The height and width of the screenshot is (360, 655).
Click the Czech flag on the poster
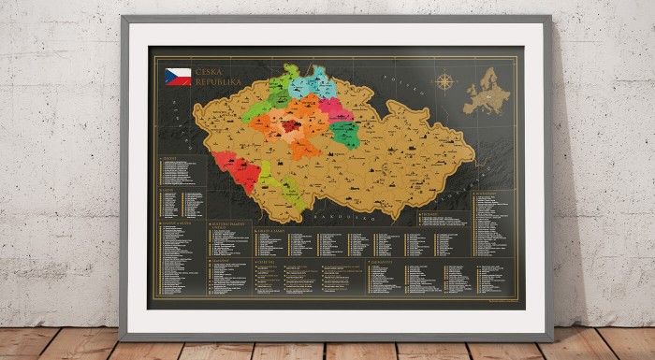pyautogui.click(x=177, y=77)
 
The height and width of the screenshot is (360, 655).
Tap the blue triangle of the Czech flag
pyautogui.click(x=169, y=77)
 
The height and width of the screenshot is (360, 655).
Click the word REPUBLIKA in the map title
pyautogui.click(x=219, y=82)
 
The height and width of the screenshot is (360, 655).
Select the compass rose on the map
pyautogui.click(x=444, y=81)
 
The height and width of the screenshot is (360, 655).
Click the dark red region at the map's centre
pyautogui.click(x=291, y=124)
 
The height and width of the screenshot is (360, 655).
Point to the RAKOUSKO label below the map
pyautogui.click(x=331, y=214)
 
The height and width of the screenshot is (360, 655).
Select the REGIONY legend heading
pyautogui.click(x=170, y=158)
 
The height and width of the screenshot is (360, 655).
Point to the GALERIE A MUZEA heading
pyautogui.click(x=177, y=223)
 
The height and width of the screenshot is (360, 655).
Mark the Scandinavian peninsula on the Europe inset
pyautogui.click(x=488, y=75)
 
